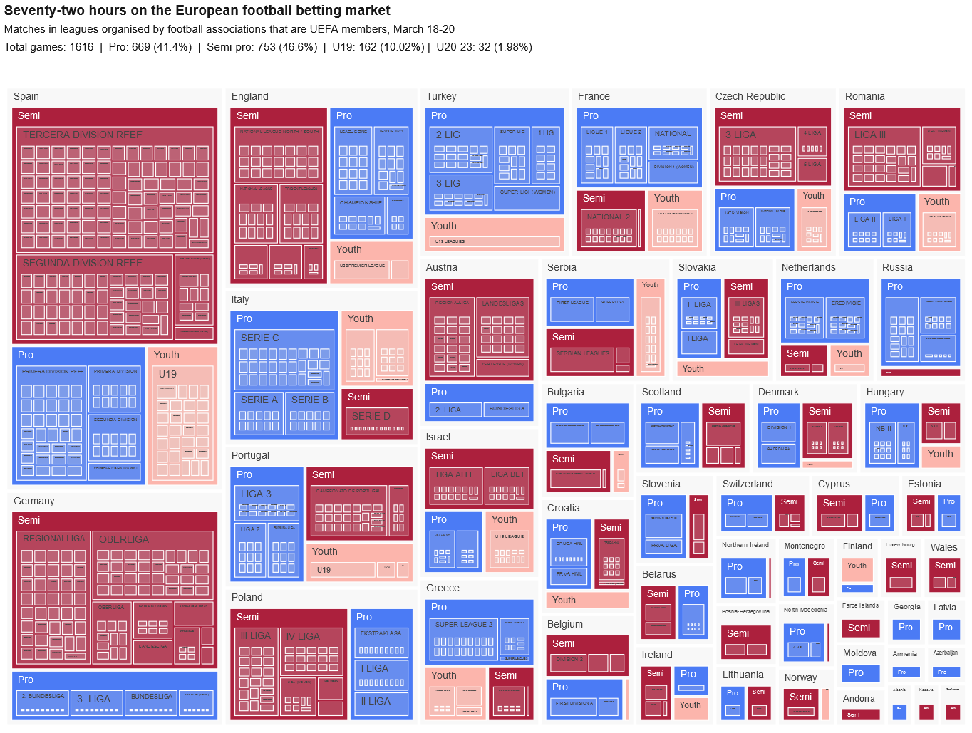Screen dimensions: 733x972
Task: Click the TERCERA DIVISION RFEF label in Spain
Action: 83,135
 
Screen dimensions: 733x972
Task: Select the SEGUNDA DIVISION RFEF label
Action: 82,263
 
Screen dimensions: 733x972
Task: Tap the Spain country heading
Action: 26,96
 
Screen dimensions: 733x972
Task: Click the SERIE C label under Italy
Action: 260,338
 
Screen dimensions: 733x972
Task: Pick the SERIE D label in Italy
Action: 371,416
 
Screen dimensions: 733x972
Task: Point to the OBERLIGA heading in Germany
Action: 124,539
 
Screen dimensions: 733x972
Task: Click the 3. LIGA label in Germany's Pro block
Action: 93,699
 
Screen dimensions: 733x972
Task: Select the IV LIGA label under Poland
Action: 303,636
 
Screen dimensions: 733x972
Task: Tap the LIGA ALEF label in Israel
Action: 455,474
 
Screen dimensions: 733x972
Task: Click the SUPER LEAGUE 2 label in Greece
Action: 464,625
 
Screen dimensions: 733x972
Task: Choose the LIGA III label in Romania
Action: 870,135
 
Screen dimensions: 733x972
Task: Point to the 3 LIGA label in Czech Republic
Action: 740,135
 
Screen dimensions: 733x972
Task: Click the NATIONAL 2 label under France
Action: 609,217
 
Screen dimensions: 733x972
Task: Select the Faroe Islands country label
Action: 860,605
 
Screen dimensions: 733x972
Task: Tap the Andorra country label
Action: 859,699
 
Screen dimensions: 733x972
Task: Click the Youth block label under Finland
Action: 857,566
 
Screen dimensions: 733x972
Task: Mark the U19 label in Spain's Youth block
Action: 167,374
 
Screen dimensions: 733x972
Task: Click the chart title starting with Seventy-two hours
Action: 197,11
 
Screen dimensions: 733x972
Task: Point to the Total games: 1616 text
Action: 49,47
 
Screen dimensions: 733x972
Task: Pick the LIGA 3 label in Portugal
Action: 256,494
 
